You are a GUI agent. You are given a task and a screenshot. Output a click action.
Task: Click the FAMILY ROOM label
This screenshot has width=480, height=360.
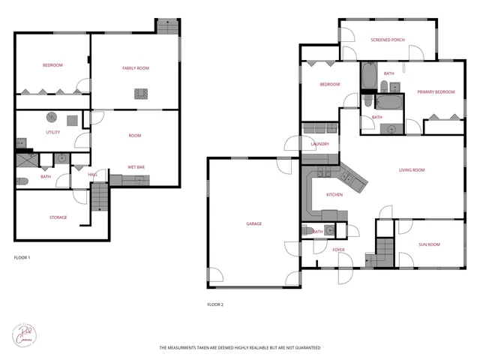pyautogui.click(x=136, y=68)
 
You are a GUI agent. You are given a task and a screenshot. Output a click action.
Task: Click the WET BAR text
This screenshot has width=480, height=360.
pyautogui.click(x=136, y=166)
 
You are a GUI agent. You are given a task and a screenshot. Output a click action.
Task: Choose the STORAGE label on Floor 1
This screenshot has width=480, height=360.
pyautogui.click(x=58, y=217)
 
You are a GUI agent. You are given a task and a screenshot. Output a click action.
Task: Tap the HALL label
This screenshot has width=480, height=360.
pyautogui.click(x=93, y=174)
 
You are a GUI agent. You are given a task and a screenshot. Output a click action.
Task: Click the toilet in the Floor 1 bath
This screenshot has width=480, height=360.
pyautogui.click(x=22, y=181)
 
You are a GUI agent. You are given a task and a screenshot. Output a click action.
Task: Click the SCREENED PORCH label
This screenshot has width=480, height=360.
pyautogui.click(x=388, y=39)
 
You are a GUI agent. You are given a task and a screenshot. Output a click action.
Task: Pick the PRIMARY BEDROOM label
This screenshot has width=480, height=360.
pyautogui.click(x=436, y=91)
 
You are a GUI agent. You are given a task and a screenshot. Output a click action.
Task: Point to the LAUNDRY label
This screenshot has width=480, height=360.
pyautogui.click(x=320, y=144)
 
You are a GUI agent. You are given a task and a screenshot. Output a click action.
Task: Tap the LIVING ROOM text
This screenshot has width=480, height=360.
pyautogui.click(x=411, y=170)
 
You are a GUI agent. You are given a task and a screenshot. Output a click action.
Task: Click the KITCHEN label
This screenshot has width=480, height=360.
pyautogui.click(x=334, y=194)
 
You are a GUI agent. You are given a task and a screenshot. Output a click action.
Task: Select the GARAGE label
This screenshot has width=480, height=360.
pyautogui.click(x=254, y=223)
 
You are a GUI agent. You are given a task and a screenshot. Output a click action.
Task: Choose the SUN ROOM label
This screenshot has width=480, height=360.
pyautogui.click(x=429, y=244)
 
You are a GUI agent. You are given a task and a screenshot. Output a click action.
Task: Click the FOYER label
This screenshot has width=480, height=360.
pyautogui.click(x=338, y=250)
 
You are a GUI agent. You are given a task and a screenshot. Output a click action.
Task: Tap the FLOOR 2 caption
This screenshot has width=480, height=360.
pyautogui.click(x=215, y=304)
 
